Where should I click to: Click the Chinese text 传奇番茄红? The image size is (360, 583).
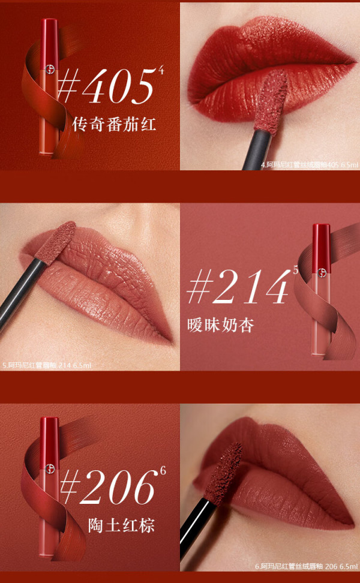(x=114, y=124)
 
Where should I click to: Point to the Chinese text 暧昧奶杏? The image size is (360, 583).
(x=221, y=324)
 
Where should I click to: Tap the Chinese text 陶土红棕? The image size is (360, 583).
(x=121, y=525)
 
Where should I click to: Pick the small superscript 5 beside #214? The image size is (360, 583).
(x=296, y=271)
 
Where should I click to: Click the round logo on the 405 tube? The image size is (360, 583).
(x=49, y=69)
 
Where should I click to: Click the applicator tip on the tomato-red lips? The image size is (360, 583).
(x=271, y=100)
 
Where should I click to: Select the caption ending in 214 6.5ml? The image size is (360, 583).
(x=47, y=365)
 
